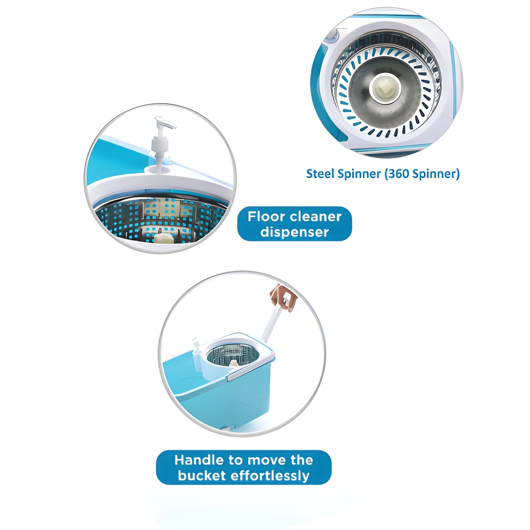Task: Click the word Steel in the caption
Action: [320, 173]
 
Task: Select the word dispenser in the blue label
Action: [295, 232]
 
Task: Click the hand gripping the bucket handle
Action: [283, 297]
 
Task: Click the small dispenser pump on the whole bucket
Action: [196, 347]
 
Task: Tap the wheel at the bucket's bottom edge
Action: [227, 428]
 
